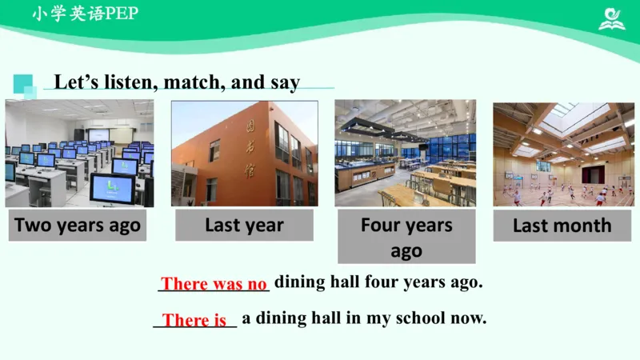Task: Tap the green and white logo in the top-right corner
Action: pos(612,18)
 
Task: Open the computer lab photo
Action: pos(79,153)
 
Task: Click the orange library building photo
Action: pos(244,153)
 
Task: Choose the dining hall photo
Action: pos(405,153)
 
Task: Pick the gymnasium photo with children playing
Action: pos(563,153)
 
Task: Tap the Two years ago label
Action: pos(78,226)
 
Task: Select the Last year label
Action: pos(244,226)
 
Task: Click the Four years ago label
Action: pos(406,237)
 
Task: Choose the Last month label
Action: pos(562,226)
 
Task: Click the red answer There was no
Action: pos(214,284)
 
